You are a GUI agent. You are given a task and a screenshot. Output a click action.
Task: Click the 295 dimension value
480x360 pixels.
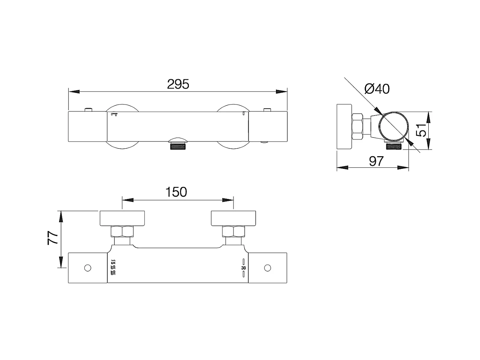pyautogui.click(x=178, y=84)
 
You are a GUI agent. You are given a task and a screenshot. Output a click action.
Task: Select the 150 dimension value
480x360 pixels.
pyautogui.click(x=176, y=192)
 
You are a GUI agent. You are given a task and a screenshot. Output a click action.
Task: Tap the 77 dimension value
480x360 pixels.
pyautogui.click(x=53, y=238)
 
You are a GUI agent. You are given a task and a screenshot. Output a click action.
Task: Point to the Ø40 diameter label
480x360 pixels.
pyautogui.click(x=377, y=89)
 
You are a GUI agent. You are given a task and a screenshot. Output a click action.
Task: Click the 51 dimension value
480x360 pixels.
pyautogui.click(x=421, y=131)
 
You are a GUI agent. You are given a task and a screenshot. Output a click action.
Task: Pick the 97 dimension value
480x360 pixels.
pyautogui.click(x=376, y=161)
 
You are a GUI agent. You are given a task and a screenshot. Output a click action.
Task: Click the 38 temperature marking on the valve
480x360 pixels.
pyautogui.click(x=244, y=268)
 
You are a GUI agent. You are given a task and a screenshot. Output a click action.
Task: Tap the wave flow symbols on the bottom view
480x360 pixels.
pyautogui.click(x=113, y=267)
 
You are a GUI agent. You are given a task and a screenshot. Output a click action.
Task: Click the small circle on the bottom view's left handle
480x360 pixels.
pyautogui.click(x=88, y=268)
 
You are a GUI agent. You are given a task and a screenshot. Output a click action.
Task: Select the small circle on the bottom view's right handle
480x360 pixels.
pyautogui.click(x=267, y=268)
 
